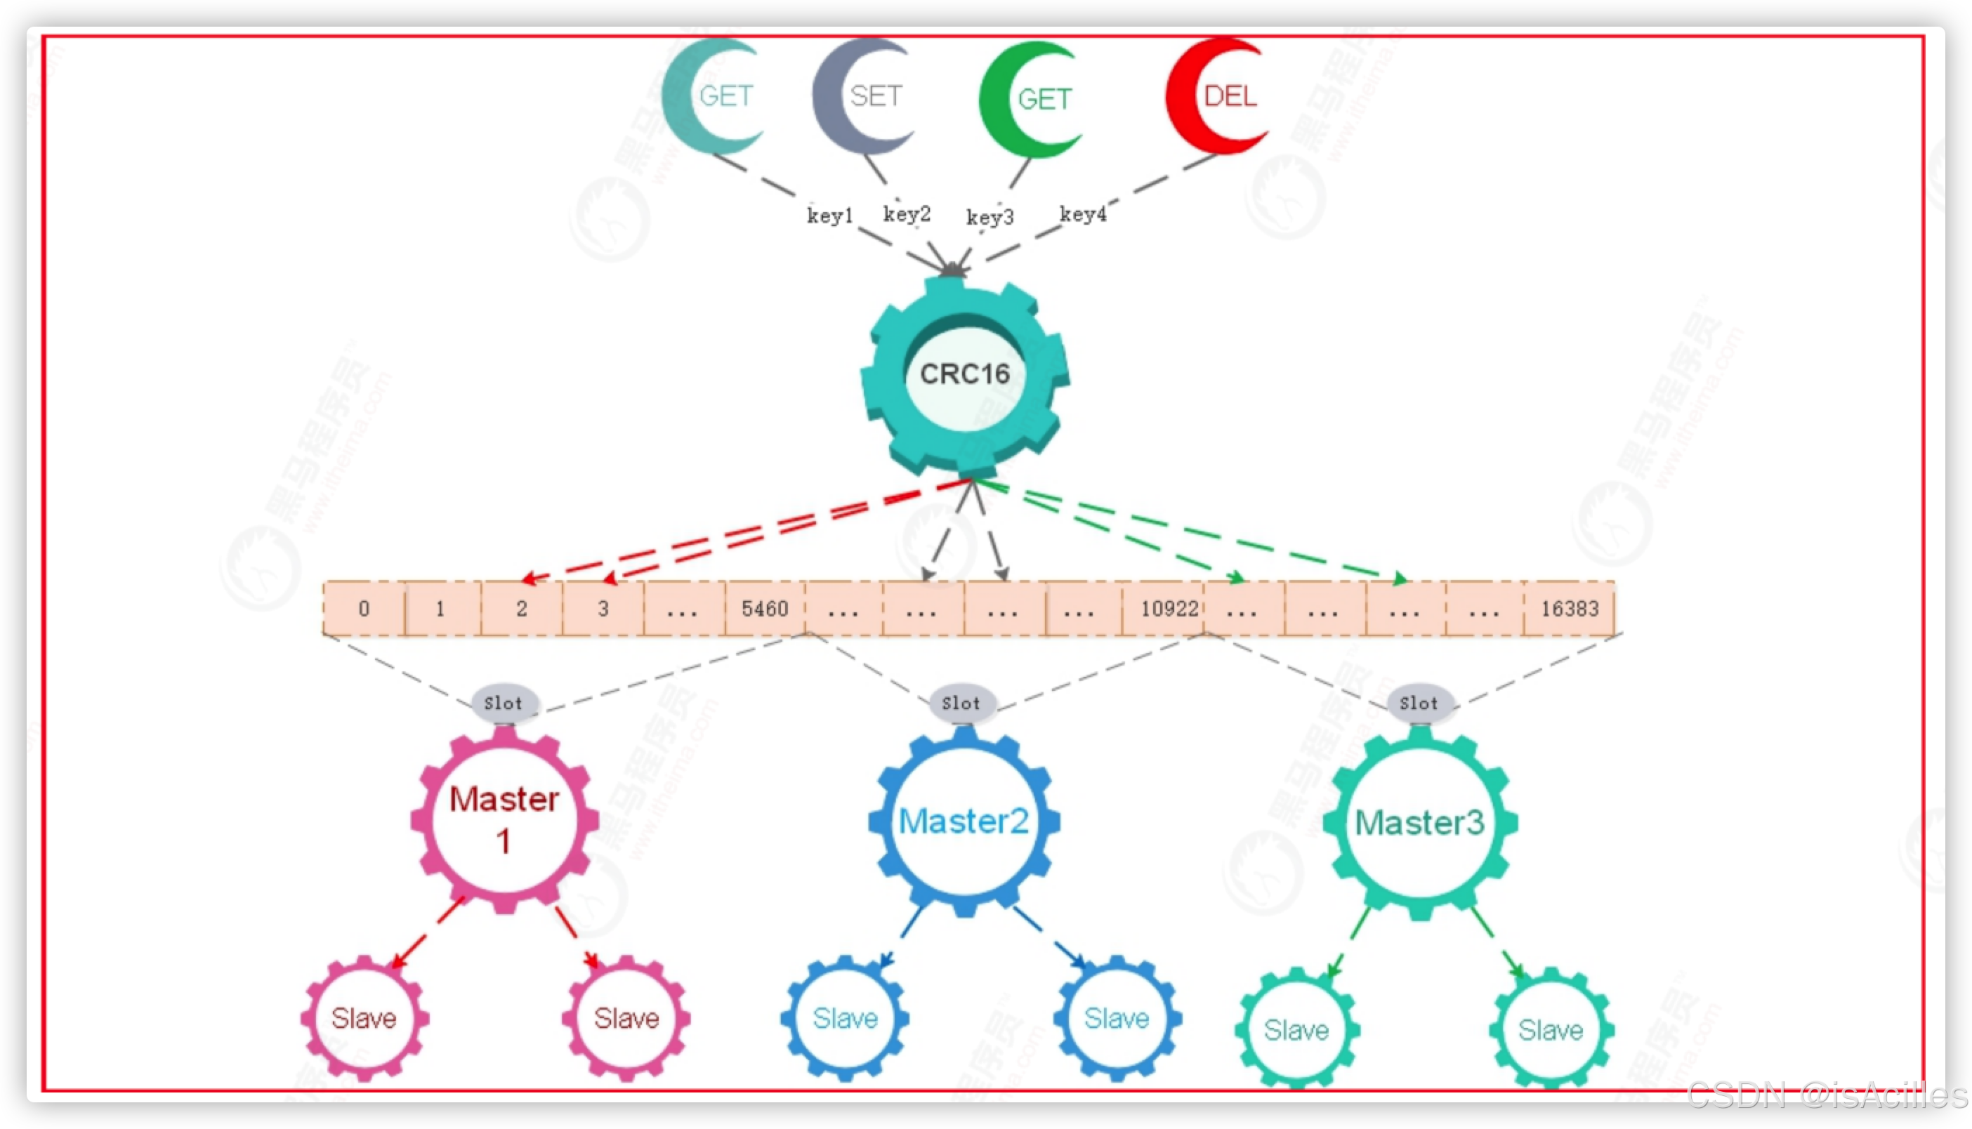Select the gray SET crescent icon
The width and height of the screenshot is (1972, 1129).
pyautogui.click(x=865, y=95)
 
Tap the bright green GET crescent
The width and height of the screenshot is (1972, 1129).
pyautogui.click(x=1032, y=98)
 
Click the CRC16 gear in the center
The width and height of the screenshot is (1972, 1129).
pyautogui.click(x=965, y=374)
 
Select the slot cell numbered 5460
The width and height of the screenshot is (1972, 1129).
pyautogui.click(x=765, y=609)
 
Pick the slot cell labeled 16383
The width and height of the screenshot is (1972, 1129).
pyautogui.click(x=1570, y=609)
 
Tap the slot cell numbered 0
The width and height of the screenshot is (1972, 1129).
pyautogui.click(x=364, y=609)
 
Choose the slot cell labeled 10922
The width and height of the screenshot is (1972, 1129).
pyautogui.click(x=1169, y=609)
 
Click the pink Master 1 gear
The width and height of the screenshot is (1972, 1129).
pyautogui.click(x=504, y=820)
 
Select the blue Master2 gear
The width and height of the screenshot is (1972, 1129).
pyautogui.click(x=964, y=820)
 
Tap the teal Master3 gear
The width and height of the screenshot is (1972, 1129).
pyautogui.click(x=1420, y=822)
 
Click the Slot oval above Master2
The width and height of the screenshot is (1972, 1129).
pyautogui.click(x=961, y=704)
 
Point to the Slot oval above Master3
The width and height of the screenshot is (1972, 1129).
pyautogui.click(x=1419, y=704)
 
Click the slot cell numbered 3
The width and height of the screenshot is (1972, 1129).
pyautogui.click(x=603, y=609)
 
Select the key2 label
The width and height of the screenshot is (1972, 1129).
pyautogui.click(x=907, y=213)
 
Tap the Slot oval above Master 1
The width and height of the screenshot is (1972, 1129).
pyautogui.click(x=504, y=704)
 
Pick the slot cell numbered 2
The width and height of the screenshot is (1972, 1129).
pyautogui.click(x=522, y=609)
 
